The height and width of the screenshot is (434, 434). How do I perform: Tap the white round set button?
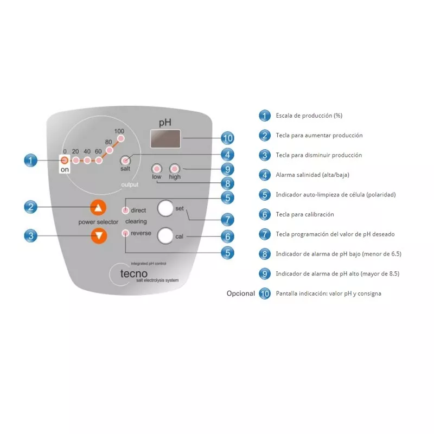click(165, 208)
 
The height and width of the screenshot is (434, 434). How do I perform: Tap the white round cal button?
click(165, 235)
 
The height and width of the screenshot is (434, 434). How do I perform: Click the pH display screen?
click(166, 139)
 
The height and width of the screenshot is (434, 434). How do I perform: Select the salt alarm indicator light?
click(125, 161)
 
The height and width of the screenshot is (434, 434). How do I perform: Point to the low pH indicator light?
click(157, 168)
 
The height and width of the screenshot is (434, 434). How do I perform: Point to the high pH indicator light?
click(175, 168)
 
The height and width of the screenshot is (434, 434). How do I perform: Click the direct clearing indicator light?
click(126, 210)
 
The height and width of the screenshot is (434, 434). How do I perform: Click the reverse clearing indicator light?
click(126, 233)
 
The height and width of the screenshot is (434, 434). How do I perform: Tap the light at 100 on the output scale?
click(120, 139)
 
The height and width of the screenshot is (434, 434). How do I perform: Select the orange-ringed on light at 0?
click(65, 161)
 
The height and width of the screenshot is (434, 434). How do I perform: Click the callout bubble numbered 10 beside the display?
click(227, 138)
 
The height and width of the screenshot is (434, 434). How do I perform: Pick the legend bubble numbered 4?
click(264, 175)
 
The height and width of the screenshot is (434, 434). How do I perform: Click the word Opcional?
click(240, 293)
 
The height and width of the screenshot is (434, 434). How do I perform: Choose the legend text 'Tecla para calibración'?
click(305, 214)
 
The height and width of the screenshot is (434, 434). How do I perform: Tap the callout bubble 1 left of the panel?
click(31, 161)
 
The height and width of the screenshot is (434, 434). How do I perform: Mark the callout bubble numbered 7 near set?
click(227, 220)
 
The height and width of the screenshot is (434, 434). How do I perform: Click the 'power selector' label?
click(98, 222)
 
